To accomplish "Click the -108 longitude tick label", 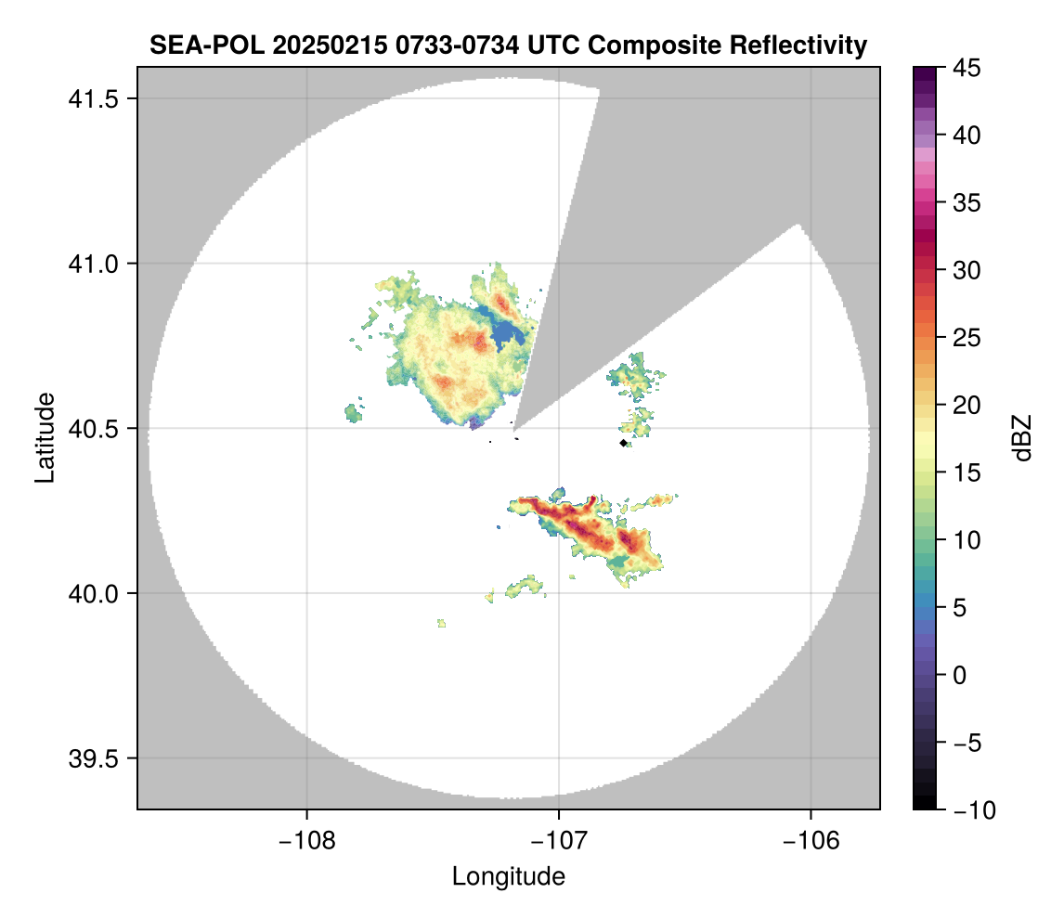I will point(305,840).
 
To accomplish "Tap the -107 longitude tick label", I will point(558,840).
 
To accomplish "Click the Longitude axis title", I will point(508,876).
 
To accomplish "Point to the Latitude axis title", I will point(45,437).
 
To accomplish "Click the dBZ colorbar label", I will point(1023,437).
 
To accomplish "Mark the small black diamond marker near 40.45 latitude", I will point(623,444).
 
